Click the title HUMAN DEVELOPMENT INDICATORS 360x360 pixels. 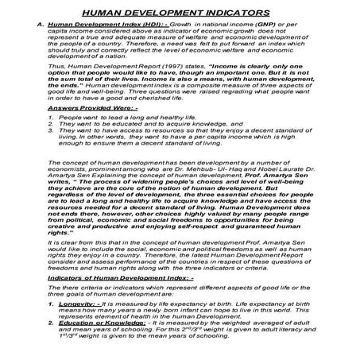[x=179, y=13]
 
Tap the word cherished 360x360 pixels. [x=160, y=97]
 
